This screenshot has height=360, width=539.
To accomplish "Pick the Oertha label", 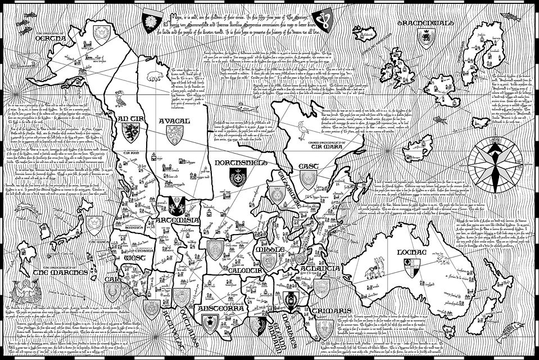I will click(50, 39).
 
